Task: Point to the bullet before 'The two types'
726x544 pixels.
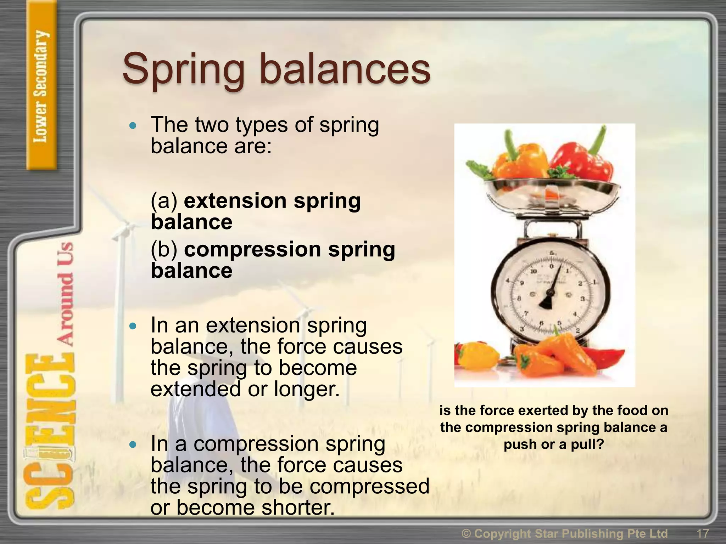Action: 133,125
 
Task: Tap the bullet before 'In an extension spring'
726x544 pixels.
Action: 133,326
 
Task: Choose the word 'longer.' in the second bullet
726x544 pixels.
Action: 307,389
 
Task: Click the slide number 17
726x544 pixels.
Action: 703,533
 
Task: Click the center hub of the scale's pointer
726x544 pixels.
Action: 551,292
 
